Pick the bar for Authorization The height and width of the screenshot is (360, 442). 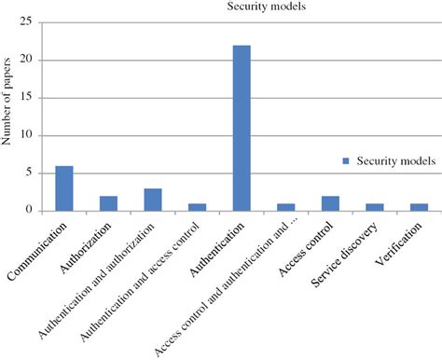(108, 202)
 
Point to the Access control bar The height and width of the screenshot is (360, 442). (330, 203)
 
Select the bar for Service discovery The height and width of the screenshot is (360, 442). (375, 207)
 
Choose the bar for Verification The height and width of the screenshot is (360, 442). (419, 207)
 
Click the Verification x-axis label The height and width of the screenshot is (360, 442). (404, 241)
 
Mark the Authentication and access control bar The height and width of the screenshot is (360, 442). (197, 207)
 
